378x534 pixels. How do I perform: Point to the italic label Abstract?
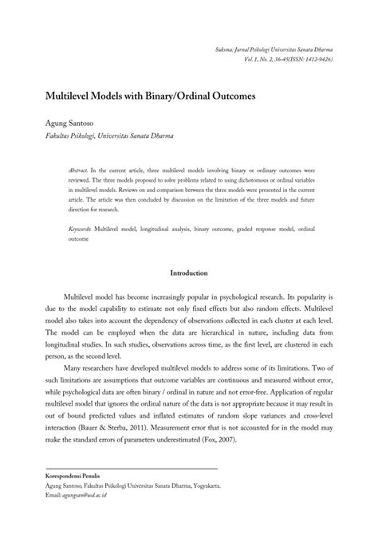tap(78, 171)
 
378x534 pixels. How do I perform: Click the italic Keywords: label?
tap(80, 228)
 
